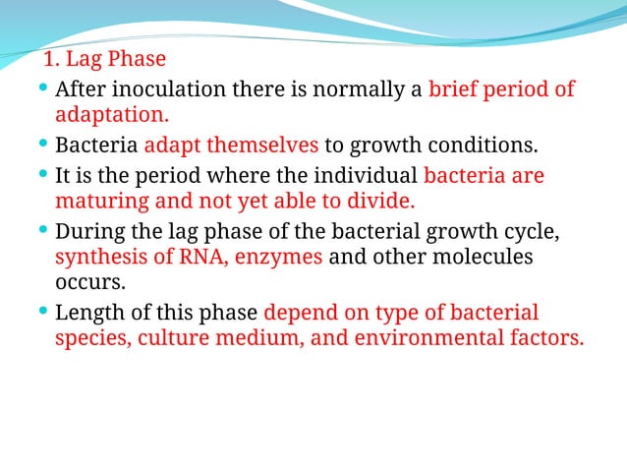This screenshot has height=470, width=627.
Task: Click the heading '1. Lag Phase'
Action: coord(105,59)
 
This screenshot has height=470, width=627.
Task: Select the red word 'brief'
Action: coord(454,90)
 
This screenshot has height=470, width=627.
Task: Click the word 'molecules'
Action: coord(481,259)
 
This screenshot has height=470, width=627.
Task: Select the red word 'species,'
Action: coord(93,339)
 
